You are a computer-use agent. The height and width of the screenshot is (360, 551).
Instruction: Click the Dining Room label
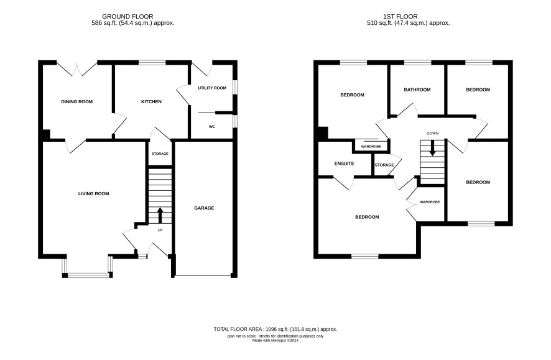coord(77,102)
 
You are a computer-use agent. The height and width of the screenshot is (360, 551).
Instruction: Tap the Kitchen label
coord(152,102)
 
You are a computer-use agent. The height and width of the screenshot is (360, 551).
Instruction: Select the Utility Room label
coord(212,88)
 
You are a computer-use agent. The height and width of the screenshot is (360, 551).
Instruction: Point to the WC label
coord(212,127)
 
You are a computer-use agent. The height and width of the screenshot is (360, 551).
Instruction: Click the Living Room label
coord(93,193)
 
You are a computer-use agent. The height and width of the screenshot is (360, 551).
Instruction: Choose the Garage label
coord(204,208)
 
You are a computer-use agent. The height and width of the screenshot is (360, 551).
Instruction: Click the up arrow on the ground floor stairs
coord(160,215)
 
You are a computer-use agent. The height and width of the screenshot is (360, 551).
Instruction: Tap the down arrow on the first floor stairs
coord(433,148)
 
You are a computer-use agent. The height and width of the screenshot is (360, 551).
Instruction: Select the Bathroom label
coord(417,90)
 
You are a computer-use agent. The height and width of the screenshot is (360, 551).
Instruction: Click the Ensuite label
coord(345,164)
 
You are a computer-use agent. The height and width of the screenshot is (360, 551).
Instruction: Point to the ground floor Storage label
coord(160,154)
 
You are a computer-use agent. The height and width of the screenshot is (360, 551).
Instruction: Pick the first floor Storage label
coord(384,165)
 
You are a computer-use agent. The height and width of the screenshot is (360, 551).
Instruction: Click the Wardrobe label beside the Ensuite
coord(371,147)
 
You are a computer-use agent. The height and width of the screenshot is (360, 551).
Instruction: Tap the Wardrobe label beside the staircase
coord(430,202)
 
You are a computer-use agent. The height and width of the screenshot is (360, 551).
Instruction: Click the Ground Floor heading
coord(127,17)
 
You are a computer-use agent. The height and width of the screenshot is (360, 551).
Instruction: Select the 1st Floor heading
coord(401,17)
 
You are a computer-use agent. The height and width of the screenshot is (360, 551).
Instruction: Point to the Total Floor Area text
coord(275,330)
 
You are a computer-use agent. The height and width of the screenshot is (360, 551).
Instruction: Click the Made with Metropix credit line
coord(275,340)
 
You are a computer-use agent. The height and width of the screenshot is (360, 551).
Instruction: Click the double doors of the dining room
coord(77,69)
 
